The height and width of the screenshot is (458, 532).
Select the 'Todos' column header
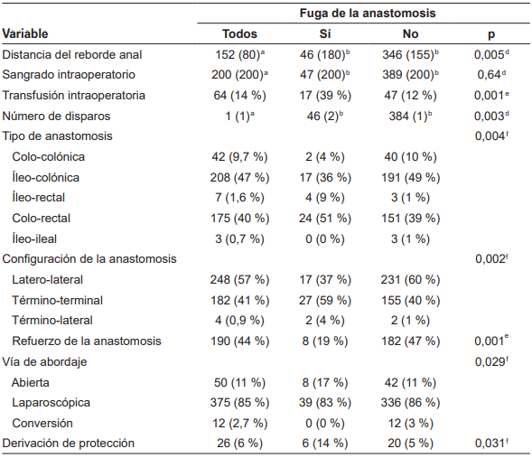(x=239, y=33)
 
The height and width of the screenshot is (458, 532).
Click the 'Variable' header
(x=26, y=33)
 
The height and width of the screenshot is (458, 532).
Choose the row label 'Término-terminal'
(x=57, y=300)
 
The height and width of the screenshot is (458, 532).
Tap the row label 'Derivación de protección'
(x=69, y=443)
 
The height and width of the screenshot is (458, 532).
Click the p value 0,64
(x=489, y=75)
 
